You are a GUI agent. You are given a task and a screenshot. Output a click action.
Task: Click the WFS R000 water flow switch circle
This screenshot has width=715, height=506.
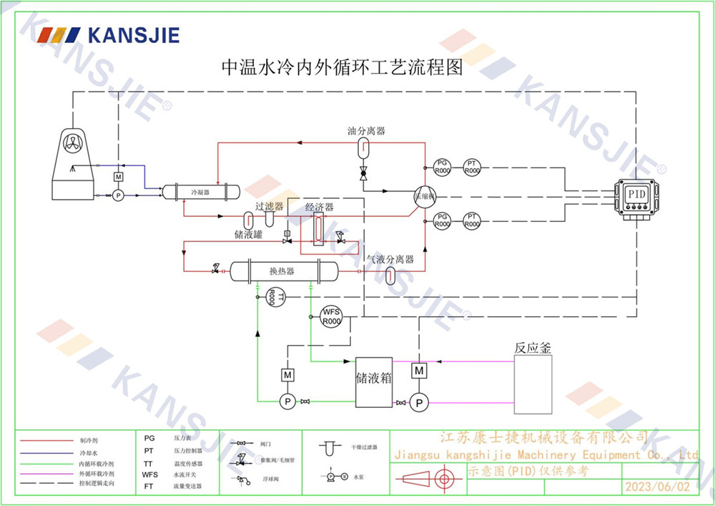330,316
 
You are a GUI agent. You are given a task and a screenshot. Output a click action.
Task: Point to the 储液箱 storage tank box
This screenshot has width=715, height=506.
374,381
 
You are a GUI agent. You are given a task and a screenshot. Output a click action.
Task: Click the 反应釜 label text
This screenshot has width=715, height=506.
533,348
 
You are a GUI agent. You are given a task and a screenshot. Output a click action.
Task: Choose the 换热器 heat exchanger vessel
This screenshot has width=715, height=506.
284,271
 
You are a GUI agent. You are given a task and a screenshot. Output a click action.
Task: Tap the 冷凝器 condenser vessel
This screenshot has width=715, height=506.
199,192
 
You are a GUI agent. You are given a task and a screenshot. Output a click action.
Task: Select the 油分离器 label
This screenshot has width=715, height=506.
366,131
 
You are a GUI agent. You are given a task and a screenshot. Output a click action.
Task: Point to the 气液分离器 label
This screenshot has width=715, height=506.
390,259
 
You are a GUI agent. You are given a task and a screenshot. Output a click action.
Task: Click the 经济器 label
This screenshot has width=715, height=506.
320,208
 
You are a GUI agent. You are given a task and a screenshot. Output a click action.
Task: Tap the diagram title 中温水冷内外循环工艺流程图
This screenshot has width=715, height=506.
342,68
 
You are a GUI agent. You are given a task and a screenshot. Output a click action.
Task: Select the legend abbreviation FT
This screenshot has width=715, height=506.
149,485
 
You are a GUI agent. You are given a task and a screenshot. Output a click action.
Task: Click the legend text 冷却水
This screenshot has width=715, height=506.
86,453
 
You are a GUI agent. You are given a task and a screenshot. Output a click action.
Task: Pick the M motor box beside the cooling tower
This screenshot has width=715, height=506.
119,177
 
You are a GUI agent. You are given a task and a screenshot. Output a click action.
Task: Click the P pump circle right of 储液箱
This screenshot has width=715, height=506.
419,403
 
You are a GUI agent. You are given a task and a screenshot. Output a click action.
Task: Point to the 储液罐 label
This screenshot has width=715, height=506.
247,233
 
